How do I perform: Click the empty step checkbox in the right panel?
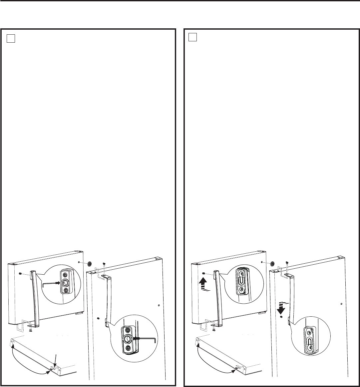(192, 37)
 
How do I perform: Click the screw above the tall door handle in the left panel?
(104, 264)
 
